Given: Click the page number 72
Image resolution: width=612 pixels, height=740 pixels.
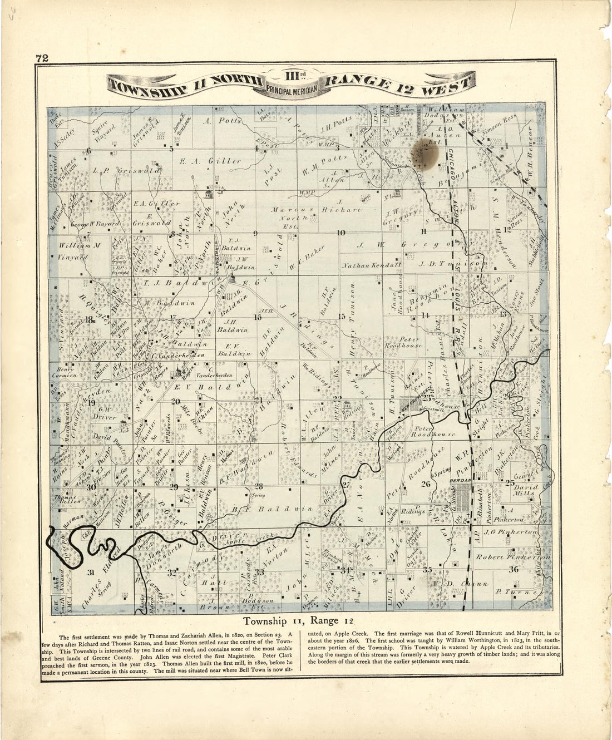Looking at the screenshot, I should click(41, 58).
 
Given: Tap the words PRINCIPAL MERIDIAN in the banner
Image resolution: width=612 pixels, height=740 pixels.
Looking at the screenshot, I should click(292, 88).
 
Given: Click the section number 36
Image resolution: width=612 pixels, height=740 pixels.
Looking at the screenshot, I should click(513, 569).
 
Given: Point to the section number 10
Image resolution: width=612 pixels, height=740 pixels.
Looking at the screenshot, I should click(341, 233).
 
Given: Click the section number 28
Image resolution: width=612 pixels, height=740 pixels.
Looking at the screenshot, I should click(259, 486).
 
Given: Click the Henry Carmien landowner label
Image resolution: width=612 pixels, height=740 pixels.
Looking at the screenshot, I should click(65, 371).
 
